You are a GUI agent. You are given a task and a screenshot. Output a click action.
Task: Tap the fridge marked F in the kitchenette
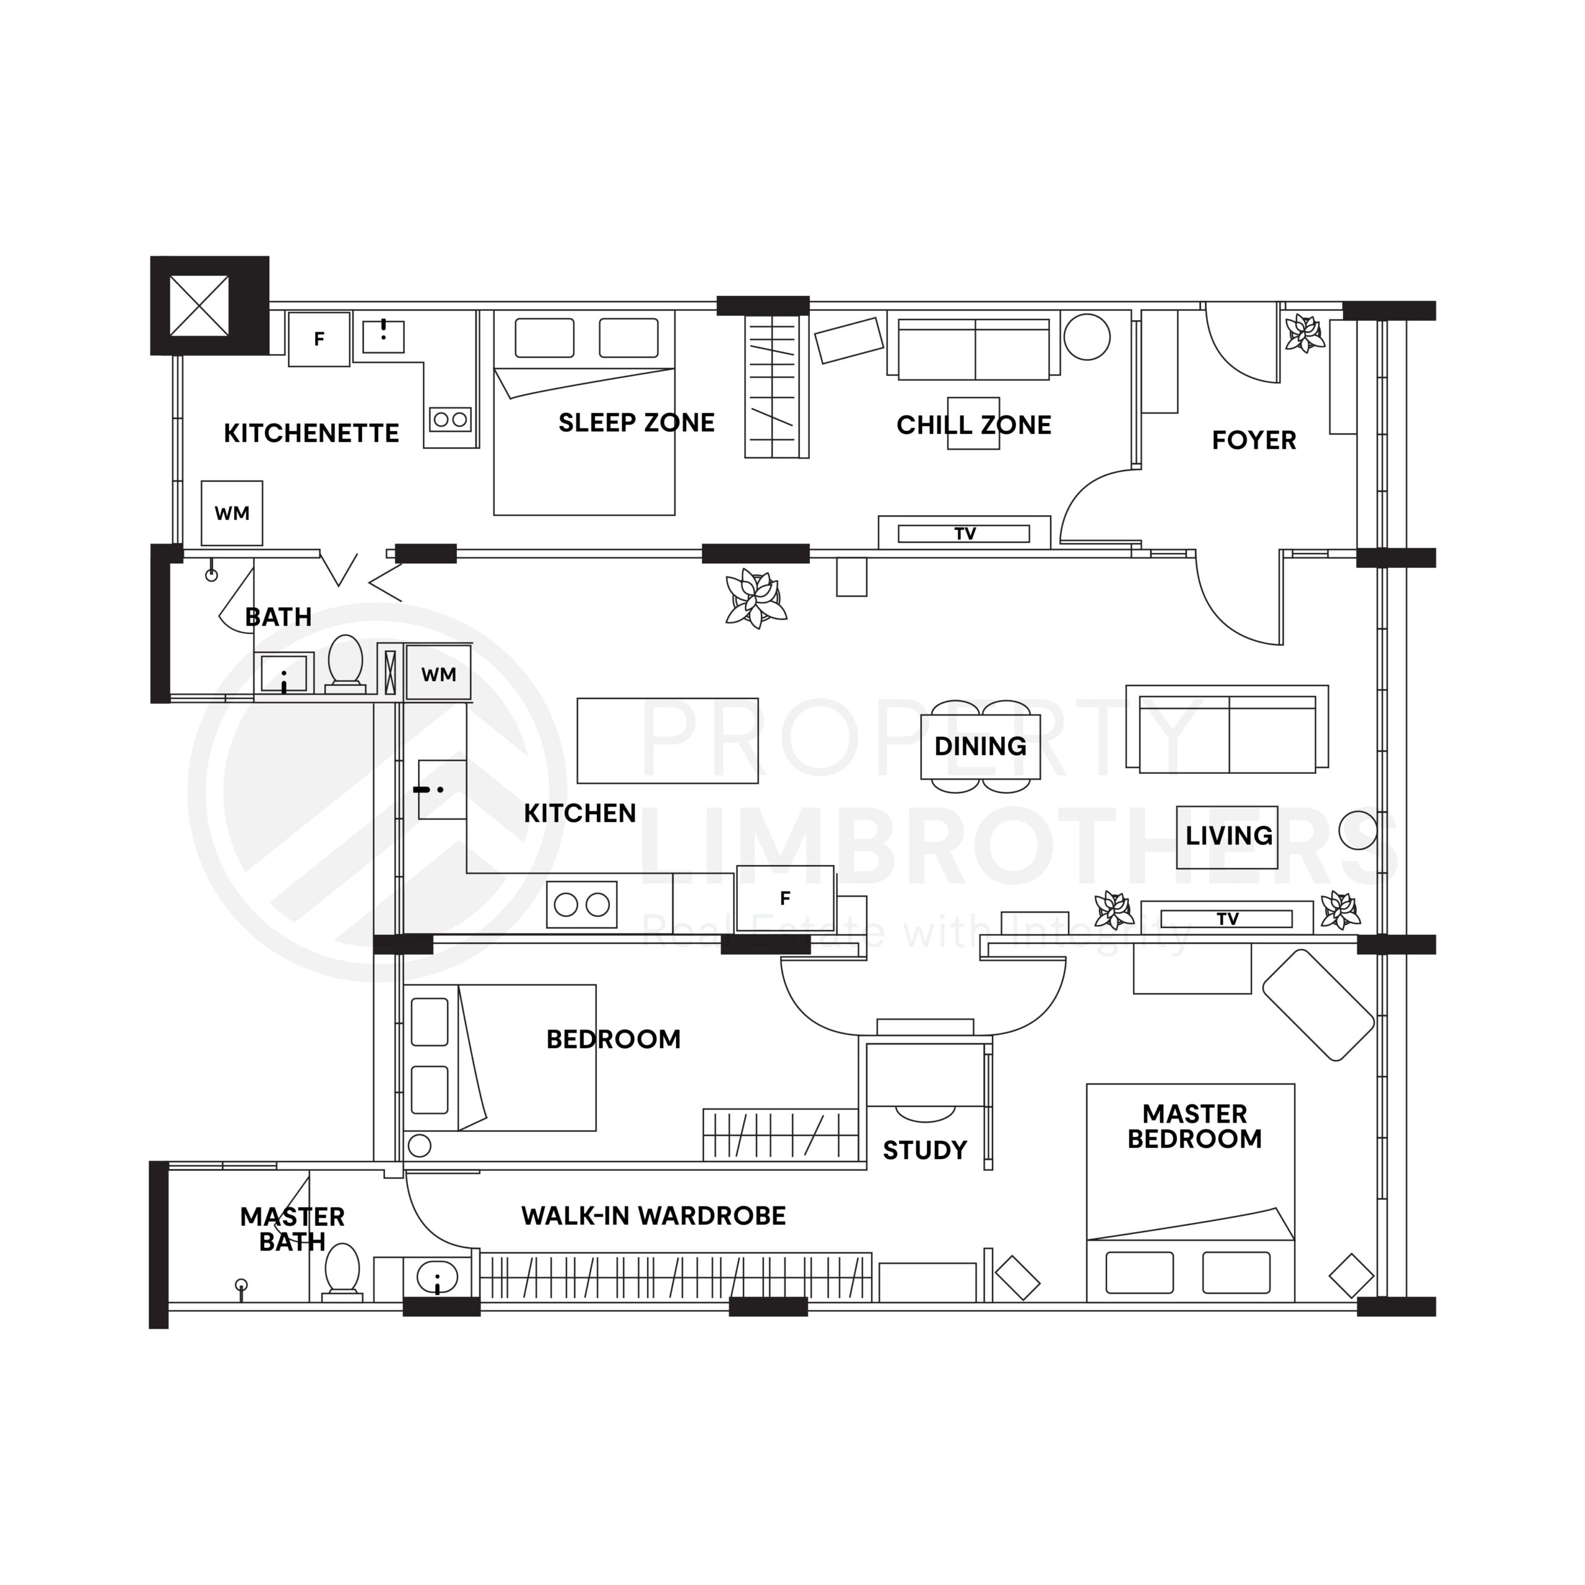tap(319, 339)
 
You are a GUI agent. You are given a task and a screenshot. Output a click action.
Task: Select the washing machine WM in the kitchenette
tap(232, 513)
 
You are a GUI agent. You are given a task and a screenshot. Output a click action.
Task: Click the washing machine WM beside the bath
tap(439, 674)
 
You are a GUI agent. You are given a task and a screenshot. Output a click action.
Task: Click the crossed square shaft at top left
tap(199, 305)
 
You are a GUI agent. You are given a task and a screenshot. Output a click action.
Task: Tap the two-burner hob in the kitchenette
tap(450, 419)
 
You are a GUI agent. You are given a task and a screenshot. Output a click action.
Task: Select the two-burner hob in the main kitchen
tap(581, 905)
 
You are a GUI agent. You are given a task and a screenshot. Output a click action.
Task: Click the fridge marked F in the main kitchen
tap(785, 898)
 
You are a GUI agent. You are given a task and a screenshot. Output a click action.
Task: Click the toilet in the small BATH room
tap(345, 661)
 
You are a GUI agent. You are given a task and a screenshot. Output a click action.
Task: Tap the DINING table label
tap(980, 747)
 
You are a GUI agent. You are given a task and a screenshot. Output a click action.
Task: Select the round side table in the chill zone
tap(1087, 337)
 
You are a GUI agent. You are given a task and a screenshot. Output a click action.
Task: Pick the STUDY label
tap(924, 1150)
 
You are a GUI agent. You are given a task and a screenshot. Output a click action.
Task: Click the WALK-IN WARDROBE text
tap(653, 1216)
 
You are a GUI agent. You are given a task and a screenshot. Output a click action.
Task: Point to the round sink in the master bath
tap(437, 1278)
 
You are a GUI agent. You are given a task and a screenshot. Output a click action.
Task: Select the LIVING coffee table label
tap(1228, 836)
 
